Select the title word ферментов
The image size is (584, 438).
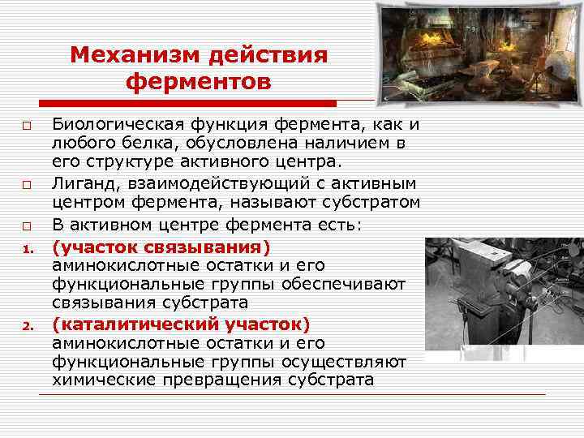(x=199, y=82)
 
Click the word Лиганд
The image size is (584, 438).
(x=80, y=184)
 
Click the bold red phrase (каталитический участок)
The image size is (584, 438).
(x=181, y=324)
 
